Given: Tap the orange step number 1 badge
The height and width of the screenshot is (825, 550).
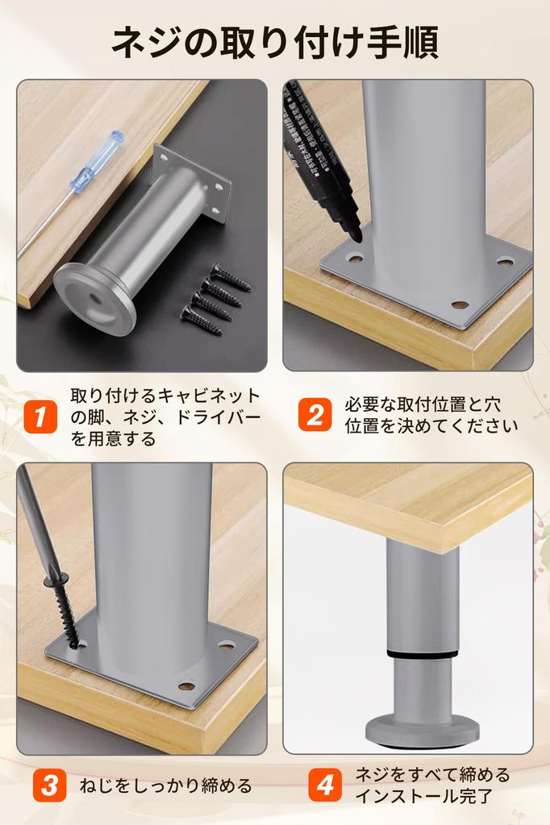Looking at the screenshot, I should click(x=40, y=417).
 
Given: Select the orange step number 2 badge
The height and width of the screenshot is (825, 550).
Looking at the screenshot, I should click(x=315, y=415).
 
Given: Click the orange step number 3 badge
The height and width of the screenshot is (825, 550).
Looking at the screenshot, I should click(x=49, y=786).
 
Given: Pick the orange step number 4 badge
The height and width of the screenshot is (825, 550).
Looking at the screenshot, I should click(x=326, y=786).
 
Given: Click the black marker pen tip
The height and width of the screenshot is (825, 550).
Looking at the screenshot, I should click(x=354, y=234).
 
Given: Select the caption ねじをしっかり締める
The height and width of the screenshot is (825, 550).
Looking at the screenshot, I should click(x=166, y=786).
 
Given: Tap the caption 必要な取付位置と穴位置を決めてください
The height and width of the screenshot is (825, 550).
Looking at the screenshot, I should click(x=431, y=415).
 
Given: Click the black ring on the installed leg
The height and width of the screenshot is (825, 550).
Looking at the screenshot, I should click(x=422, y=652).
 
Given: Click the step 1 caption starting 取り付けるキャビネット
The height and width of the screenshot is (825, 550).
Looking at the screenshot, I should click(x=165, y=417).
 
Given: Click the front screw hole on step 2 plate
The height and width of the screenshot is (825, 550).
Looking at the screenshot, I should click(x=460, y=305).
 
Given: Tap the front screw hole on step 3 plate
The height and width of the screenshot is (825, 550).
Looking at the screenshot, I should click(x=186, y=686).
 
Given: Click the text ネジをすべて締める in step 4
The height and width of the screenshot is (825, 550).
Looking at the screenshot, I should click(x=433, y=774).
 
